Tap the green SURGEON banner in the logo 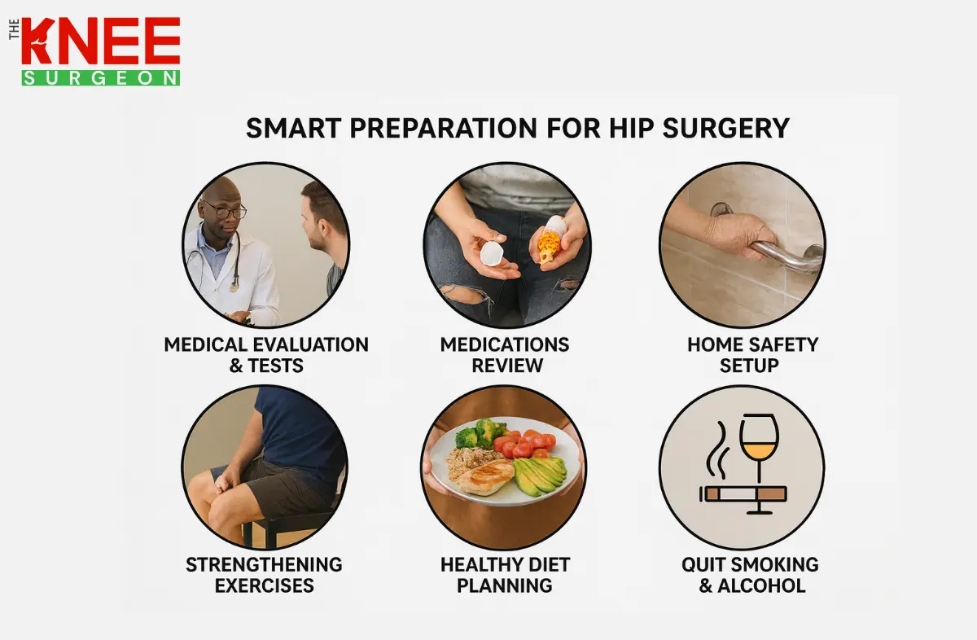[101, 77]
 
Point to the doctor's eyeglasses [225, 211]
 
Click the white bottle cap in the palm [493, 254]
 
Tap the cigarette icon [743, 493]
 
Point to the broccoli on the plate [480, 434]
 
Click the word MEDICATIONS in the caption [504, 344]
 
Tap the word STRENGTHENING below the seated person [264, 564]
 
